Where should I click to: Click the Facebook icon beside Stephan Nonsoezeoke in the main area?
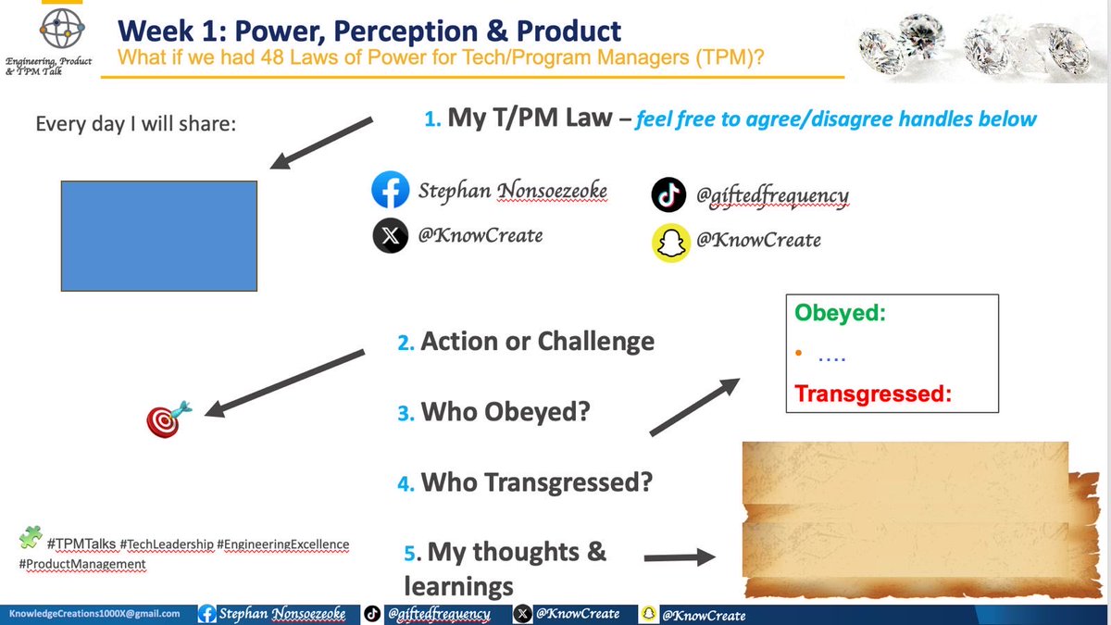click(390, 191)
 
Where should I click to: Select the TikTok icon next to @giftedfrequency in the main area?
click(668, 194)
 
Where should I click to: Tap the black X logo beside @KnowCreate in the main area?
click(390, 236)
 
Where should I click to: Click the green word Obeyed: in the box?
click(841, 313)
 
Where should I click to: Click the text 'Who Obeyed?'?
click(505, 411)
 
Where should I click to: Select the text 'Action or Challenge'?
click(537, 341)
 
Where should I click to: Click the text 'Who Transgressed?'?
click(536, 481)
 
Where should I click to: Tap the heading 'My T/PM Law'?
click(529, 118)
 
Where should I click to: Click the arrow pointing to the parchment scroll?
click(680, 557)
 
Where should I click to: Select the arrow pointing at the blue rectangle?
click(321, 143)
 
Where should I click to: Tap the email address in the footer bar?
click(94, 614)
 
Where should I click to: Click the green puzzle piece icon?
click(31, 537)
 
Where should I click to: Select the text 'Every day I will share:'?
click(136, 123)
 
